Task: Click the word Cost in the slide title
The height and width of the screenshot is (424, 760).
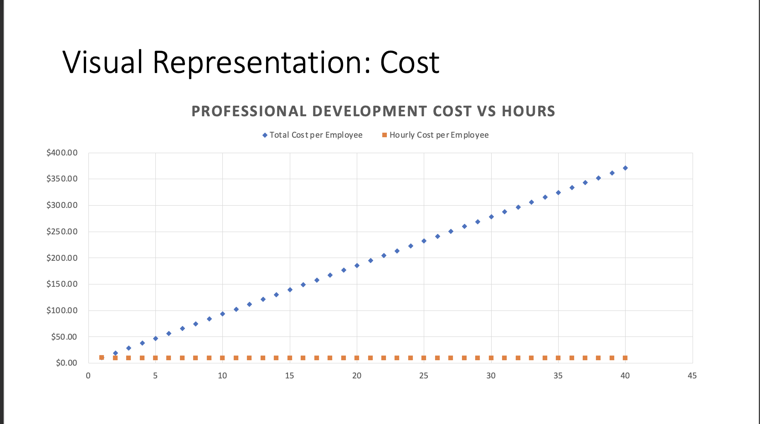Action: [409, 62]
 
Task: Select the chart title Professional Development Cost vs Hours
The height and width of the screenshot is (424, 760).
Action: [373, 111]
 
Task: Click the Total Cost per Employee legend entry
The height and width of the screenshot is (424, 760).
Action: [315, 135]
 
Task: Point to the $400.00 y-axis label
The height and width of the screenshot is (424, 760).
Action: [62, 153]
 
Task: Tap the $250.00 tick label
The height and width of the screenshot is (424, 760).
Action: [62, 232]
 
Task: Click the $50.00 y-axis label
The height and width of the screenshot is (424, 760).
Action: [64, 337]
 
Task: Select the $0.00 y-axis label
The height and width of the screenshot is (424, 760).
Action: [67, 363]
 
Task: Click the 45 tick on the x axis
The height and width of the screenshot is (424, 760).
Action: [692, 376]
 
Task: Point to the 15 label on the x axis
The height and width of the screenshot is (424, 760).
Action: [289, 376]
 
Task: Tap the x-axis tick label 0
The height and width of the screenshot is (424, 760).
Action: [88, 376]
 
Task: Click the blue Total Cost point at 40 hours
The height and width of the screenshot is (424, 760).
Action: [625, 168]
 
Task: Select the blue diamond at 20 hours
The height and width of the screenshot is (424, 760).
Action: [357, 265]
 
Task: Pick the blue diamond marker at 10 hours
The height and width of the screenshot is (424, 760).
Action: [222, 314]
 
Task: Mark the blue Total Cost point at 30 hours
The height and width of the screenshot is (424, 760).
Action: [491, 217]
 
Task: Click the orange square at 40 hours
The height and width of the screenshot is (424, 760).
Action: [625, 358]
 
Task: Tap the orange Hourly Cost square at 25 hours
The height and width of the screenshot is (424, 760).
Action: [424, 358]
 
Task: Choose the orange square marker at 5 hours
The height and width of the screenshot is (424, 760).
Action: [155, 358]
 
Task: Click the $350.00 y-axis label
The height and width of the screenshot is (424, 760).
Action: [62, 179]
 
